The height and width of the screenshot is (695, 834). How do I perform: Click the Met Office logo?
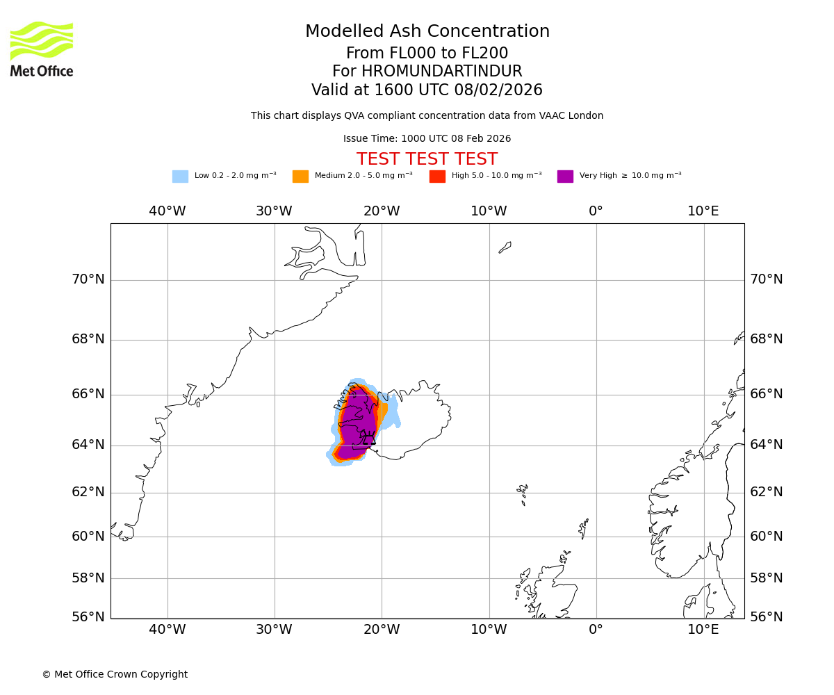(42, 49)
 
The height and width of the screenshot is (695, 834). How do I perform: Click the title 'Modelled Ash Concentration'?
(427, 31)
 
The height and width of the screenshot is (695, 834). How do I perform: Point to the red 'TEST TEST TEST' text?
(427, 159)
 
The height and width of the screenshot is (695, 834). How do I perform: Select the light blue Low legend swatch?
(180, 177)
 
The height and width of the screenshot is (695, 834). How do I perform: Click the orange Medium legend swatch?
(300, 177)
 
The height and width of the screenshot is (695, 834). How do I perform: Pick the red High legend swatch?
(437, 177)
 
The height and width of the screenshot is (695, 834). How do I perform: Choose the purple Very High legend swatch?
(565, 177)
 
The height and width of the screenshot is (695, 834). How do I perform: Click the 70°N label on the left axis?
(88, 279)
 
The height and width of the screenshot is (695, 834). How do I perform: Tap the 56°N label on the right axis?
(766, 617)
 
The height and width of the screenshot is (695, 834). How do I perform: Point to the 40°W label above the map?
(167, 211)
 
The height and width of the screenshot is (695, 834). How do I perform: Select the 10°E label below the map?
(703, 630)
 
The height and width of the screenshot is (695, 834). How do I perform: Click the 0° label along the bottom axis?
(596, 630)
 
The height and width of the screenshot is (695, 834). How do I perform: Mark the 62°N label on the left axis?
(88, 492)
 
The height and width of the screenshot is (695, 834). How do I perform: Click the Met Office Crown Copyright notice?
(115, 674)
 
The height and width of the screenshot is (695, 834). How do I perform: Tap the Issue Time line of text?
(427, 139)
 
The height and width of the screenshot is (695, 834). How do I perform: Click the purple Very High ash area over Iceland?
(358, 424)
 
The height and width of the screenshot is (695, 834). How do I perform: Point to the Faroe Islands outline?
(523, 492)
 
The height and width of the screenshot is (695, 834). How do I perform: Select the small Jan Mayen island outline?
(505, 247)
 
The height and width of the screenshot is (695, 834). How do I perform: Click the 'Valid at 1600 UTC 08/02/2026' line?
(427, 90)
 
